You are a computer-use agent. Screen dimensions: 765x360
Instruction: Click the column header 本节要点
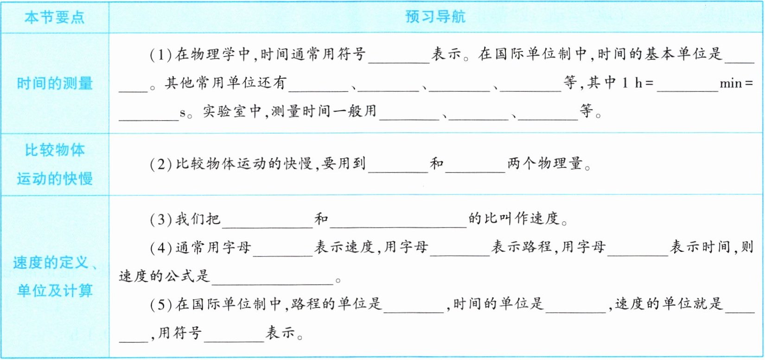point(55,18)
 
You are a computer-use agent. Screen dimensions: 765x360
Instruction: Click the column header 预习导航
point(435,17)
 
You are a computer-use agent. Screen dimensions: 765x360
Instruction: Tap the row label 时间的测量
point(55,84)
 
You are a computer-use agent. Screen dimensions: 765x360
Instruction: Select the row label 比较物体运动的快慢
point(55,164)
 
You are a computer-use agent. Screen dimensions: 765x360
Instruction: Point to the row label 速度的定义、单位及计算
point(55,276)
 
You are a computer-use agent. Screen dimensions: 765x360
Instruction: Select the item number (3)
point(161,219)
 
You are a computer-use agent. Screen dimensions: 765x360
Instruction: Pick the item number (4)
point(161,248)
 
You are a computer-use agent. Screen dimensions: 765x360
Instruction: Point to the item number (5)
point(161,304)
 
